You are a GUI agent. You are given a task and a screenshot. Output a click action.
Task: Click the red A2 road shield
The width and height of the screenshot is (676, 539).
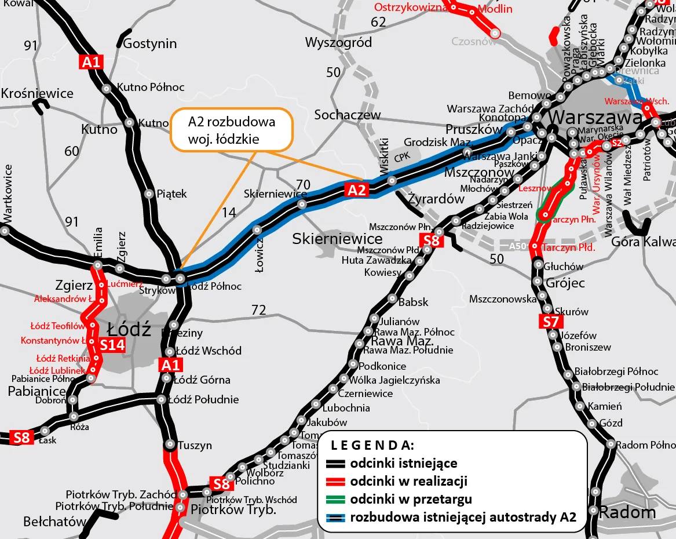(x=357, y=190)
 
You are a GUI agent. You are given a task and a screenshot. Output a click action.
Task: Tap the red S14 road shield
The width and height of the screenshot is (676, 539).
(x=112, y=345)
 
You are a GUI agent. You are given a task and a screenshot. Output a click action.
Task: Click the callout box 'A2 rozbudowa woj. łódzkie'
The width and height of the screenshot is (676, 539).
(x=232, y=130)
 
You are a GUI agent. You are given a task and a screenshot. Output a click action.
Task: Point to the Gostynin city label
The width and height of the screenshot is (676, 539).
(x=150, y=43)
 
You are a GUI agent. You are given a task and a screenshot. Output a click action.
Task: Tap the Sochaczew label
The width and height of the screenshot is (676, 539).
(x=348, y=115)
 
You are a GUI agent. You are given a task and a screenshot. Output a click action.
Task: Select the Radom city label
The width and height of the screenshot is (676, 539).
(x=627, y=512)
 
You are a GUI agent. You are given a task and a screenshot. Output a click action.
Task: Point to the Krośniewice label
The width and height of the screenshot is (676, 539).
(x=38, y=93)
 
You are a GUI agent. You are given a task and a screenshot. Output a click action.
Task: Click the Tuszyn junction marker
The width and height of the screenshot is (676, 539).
(x=170, y=445)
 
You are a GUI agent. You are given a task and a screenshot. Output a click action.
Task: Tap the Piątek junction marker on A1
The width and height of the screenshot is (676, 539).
(x=147, y=194)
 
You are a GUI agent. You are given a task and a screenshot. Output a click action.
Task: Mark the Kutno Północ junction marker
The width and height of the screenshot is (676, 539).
(x=107, y=89)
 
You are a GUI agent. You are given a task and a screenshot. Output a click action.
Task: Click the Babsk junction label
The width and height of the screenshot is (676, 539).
(x=414, y=302)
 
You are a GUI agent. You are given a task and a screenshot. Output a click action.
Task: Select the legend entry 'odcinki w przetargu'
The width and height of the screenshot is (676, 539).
(x=411, y=499)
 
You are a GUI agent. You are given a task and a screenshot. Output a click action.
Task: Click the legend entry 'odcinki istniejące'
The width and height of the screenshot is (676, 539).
(x=403, y=463)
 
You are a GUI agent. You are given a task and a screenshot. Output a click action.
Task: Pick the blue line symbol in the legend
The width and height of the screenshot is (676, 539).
(x=335, y=517)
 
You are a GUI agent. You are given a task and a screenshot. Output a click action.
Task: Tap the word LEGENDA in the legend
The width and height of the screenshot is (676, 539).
(x=372, y=445)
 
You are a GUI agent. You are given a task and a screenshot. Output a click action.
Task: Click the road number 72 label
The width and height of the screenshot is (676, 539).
(x=258, y=310)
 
